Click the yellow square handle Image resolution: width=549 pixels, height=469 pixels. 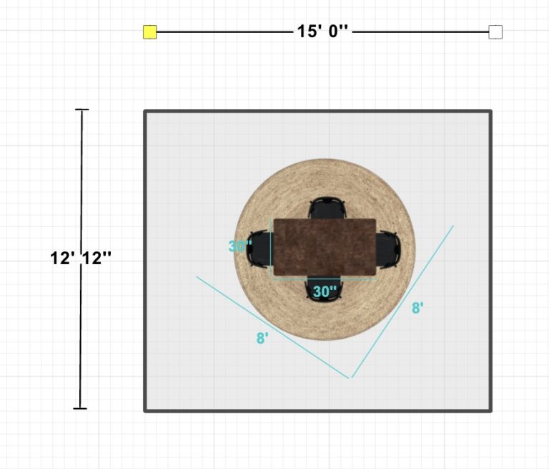(150, 32)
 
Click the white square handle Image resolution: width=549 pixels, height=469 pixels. (495, 32)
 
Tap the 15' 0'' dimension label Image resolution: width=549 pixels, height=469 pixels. (322, 32)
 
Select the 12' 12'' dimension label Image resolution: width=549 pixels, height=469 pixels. (81, 258)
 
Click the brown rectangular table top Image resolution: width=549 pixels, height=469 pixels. (325, 247)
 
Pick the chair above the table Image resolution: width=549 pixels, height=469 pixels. (327, 208)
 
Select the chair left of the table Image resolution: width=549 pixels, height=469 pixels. (260, 248)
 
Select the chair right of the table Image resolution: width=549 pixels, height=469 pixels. (388, 249)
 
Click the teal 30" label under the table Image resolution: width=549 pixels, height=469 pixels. (325, 291)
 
